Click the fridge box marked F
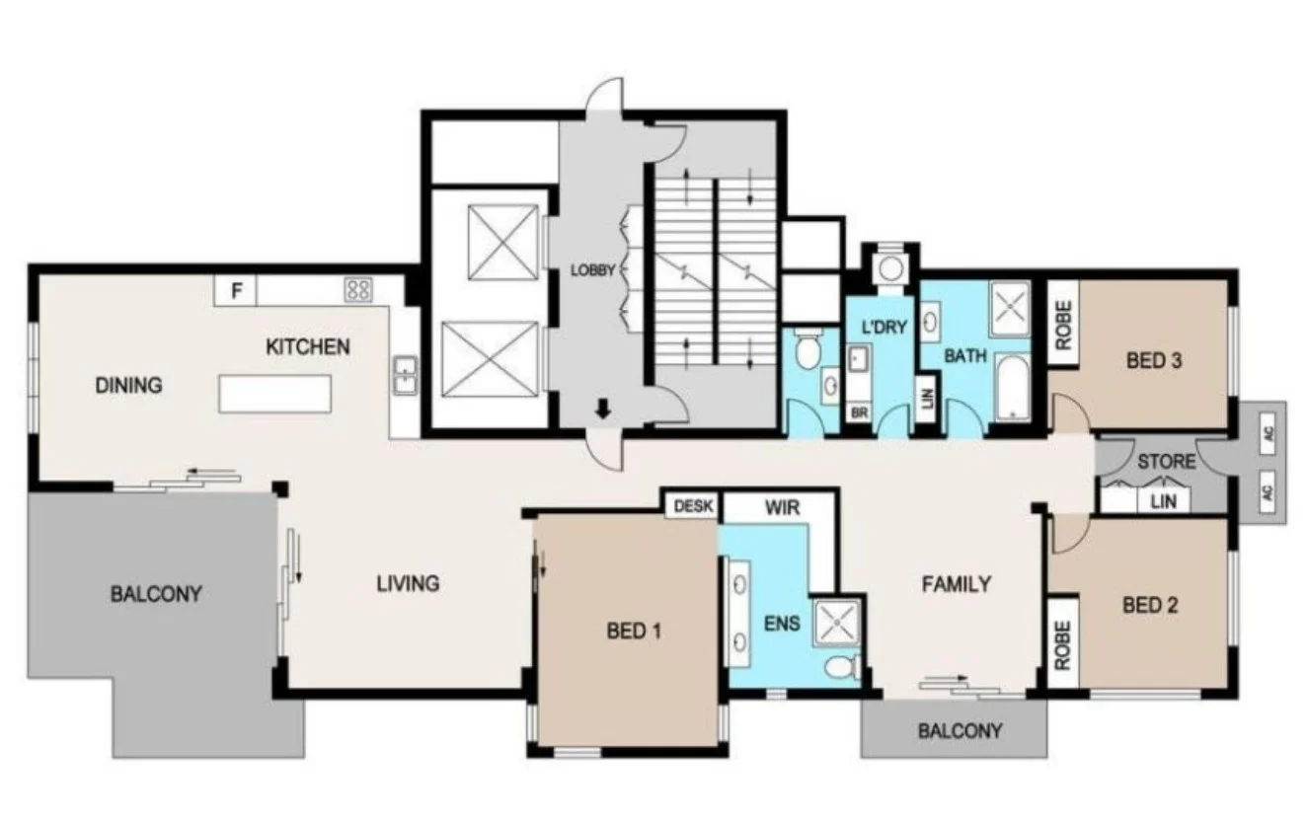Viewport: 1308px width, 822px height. click(x=236, y=291)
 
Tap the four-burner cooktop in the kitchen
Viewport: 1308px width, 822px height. click(x=357, y=290)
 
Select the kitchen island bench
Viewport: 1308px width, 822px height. click(x=273, y=393)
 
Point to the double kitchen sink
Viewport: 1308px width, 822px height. click(x=405, y=374)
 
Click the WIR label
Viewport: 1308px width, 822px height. click(x=782, y=507)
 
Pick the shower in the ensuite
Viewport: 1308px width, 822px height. click(x=836, y=623)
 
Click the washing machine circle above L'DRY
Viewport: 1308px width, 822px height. click(x=892, y=267)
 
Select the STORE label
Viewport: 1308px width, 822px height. click(x=1166, y=461)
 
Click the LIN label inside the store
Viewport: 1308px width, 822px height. click(x=1164, y=501)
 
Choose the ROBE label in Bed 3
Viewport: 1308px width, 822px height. click(x=1063, y=319)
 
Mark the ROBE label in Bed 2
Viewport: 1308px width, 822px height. click(x=1063, y=646)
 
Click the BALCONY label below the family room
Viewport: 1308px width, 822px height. click(x=960, y=731)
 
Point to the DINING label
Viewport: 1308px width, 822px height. click(x=128, y=385)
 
